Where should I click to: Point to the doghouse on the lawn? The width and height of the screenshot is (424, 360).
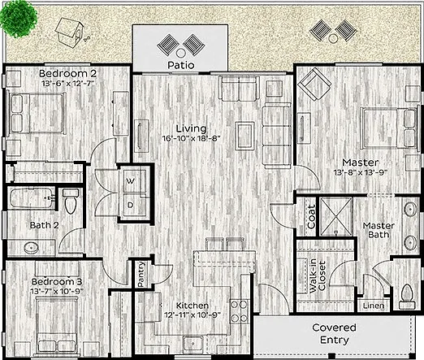pyautogui.click(x=69, y=33)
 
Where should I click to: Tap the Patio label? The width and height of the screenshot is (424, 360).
pyautogui.click(x=180, y=65)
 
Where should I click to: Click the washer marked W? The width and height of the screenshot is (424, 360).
pyautogui.click(x=134, y=181)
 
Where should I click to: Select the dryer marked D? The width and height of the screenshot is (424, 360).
pyautogui.click(x=134, y=205)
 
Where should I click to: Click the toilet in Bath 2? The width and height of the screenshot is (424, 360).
pyautogui.click(x=71, y=201)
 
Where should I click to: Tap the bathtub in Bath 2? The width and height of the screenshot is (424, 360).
pyautogui.click(x=32, y=198)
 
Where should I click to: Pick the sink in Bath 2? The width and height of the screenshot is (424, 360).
pyautogui.click(x=32, y=248)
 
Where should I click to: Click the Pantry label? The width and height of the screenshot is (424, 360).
pyautogui.click(x=141, y=274)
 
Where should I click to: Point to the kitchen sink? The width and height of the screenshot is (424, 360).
pyautogui.click(x=193, y=344)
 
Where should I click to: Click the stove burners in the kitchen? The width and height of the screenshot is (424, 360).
pyautogui.click(x=240, y=311)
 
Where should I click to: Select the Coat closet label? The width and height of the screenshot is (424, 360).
pyautogui.click(x=312, y=216)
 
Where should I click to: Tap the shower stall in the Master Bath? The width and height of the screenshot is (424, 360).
pyautogui.click(x=336, y=217)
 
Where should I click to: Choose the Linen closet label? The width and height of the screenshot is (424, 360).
pyautogui.click(x=374, y=306)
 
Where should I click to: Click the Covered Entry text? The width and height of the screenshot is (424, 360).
pyautogui.click(x=334, y=334)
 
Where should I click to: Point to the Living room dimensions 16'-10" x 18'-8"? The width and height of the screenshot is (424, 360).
pyautogui.click(x=192, y=139)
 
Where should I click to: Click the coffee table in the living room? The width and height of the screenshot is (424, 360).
pyautogui.click(x=244, y=136)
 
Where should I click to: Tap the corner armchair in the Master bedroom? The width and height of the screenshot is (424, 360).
pyautogui.click(x=314, y=85)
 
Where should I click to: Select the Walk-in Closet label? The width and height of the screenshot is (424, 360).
pyautogui.click(x=317, y=276)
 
